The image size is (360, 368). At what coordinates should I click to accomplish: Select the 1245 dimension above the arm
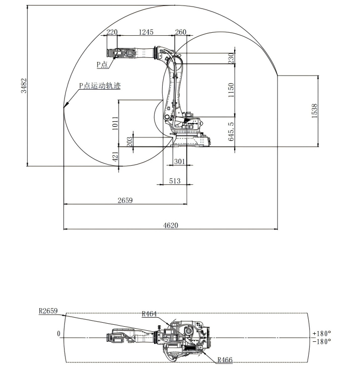click(x=146, y=32)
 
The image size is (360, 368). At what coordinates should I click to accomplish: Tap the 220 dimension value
click(x=112, y=32)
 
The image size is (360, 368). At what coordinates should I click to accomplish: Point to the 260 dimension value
click(x=180, y=32)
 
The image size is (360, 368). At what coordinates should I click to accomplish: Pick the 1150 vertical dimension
click(x=231, y=90)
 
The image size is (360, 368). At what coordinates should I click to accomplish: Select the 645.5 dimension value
click(x=231, y=130)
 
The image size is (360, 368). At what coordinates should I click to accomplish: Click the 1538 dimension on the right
click(x=315, y=111)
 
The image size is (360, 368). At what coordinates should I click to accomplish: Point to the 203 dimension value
click(x=130, y=141)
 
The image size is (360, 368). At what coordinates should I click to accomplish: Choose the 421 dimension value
click(x=115, y=157)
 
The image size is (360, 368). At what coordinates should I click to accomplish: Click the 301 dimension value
click(x=179, y=162)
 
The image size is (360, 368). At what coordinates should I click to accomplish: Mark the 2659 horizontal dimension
click(x=125, y=200)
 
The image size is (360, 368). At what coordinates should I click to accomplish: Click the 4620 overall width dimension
click(x=170, y=226)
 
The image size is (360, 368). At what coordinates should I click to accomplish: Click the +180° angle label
click(x=321, y=333)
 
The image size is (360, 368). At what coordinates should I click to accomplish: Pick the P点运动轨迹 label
click(x=99, y=86)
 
